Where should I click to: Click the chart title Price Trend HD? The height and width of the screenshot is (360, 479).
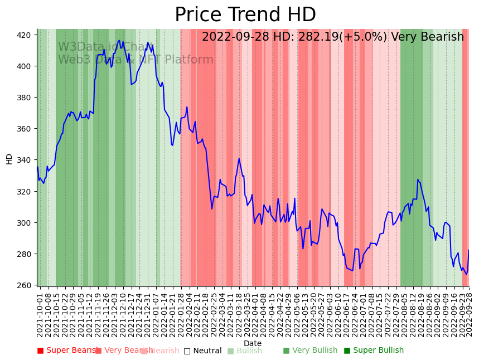[x=245, y=15]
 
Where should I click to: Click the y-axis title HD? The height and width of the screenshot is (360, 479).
[x=9, y=159]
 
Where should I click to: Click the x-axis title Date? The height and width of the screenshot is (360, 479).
[x=253, y=343]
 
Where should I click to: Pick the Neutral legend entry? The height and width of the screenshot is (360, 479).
[x=207, y=351]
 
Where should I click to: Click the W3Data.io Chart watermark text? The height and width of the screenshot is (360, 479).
[x=107, y=47]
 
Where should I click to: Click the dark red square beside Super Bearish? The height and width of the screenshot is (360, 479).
[x=40, y=351]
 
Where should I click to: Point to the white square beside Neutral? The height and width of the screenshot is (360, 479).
[x=187, y=351]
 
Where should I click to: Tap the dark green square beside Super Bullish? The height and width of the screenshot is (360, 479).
[x=347, y=351]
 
